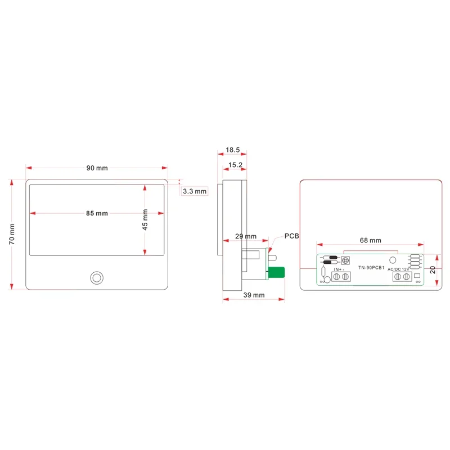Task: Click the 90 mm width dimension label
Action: pos(97,168)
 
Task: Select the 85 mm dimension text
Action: pos(97,213)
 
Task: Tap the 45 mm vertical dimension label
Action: pos(145,219)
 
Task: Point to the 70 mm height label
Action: pos(12,233)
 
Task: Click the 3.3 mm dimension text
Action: pos(195,191)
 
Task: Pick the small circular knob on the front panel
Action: pos(97,278)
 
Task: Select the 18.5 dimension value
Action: pos(233,150)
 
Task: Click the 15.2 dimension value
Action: pos(235,165)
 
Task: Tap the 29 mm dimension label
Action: pos(245,236)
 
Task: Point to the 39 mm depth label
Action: pos(254,295)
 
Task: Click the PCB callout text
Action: pos(292,236)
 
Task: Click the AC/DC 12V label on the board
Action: pos(398,269)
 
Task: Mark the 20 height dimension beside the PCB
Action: pos(432,269)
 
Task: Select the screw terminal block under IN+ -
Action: pos(341,277)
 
